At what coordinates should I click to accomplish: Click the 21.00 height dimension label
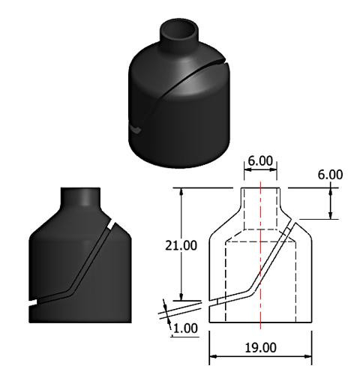pos(181,245)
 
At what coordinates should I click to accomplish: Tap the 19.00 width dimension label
pos(260,347)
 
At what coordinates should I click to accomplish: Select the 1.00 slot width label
pos(185,328)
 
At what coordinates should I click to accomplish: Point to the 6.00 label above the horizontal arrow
pos(260,160)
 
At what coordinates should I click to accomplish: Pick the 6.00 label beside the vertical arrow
pos(330,175)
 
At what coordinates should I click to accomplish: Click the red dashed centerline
pos(260,255)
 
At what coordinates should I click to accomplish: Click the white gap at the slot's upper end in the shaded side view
pos(111,224)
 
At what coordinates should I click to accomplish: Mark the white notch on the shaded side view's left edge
pos(32,302)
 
